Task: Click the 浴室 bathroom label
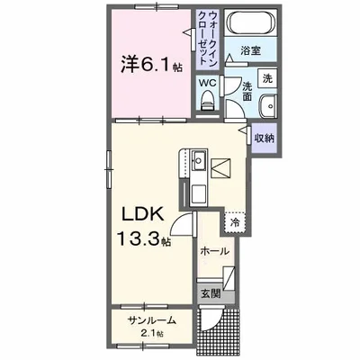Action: click(x=250, y=50)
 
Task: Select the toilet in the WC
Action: click(x=207, y=101)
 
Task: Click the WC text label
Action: click(x=208, y=83)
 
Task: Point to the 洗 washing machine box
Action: click(x=267, y=78)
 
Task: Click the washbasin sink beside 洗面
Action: click(x=268, y=106)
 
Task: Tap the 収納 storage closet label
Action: click(x=265, y=138)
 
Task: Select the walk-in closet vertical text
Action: click(x=208, y=38)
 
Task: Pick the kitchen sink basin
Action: click(x=198, y=163)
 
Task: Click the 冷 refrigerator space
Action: click(x=235, y=222)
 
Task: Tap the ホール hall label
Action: click(x=214, y=251)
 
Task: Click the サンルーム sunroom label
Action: click(x=151, y=321)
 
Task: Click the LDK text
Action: click(x=142, y=214)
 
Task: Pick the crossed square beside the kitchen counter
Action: click(x=220, y=167)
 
